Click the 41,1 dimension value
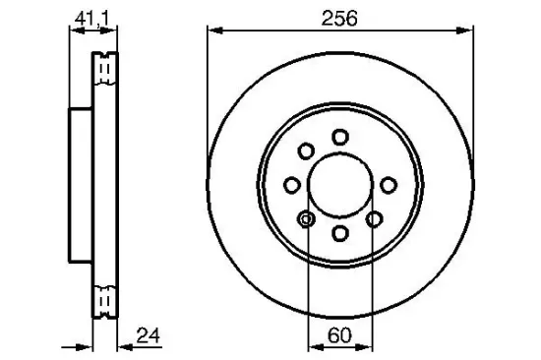coord(86,17)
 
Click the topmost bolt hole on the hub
coord(339,136)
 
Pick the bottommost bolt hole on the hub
coord(339,233)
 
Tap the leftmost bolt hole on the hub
coord(291,184)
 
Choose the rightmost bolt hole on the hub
coord(388,184)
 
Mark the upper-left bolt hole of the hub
coord(306,150)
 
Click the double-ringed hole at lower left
coord(306,218)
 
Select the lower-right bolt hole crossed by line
coord(373,218)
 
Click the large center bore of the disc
coord(339,184)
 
